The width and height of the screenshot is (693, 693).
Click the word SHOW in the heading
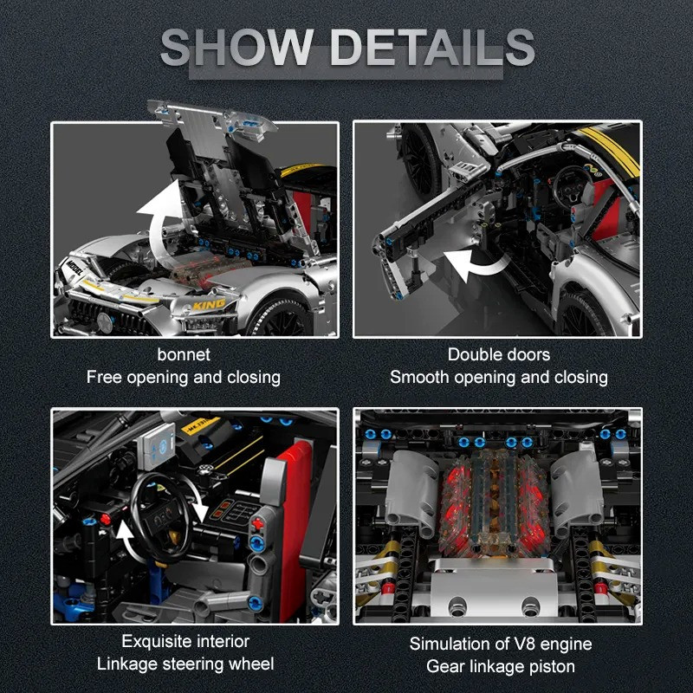click(237, 48)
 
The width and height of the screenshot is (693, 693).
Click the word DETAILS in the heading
click(433, 48)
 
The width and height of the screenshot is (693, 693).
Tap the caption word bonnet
click(184, 354)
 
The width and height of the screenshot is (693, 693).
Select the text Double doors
click(499, 354)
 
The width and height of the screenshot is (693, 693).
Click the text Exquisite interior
click(185, 641)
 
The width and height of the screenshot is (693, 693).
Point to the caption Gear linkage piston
click(501, 666)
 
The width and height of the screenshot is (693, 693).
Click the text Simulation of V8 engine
click(501, 644)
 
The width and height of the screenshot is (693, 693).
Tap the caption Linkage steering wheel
click(185, 664)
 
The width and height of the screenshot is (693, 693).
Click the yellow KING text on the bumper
click(209, 305)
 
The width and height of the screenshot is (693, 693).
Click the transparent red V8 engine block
click(494, 504)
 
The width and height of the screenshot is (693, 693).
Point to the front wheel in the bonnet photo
click(279, 317)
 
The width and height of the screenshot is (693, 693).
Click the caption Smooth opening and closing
click(499, 378)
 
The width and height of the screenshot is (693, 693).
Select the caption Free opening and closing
click(184, 378)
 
